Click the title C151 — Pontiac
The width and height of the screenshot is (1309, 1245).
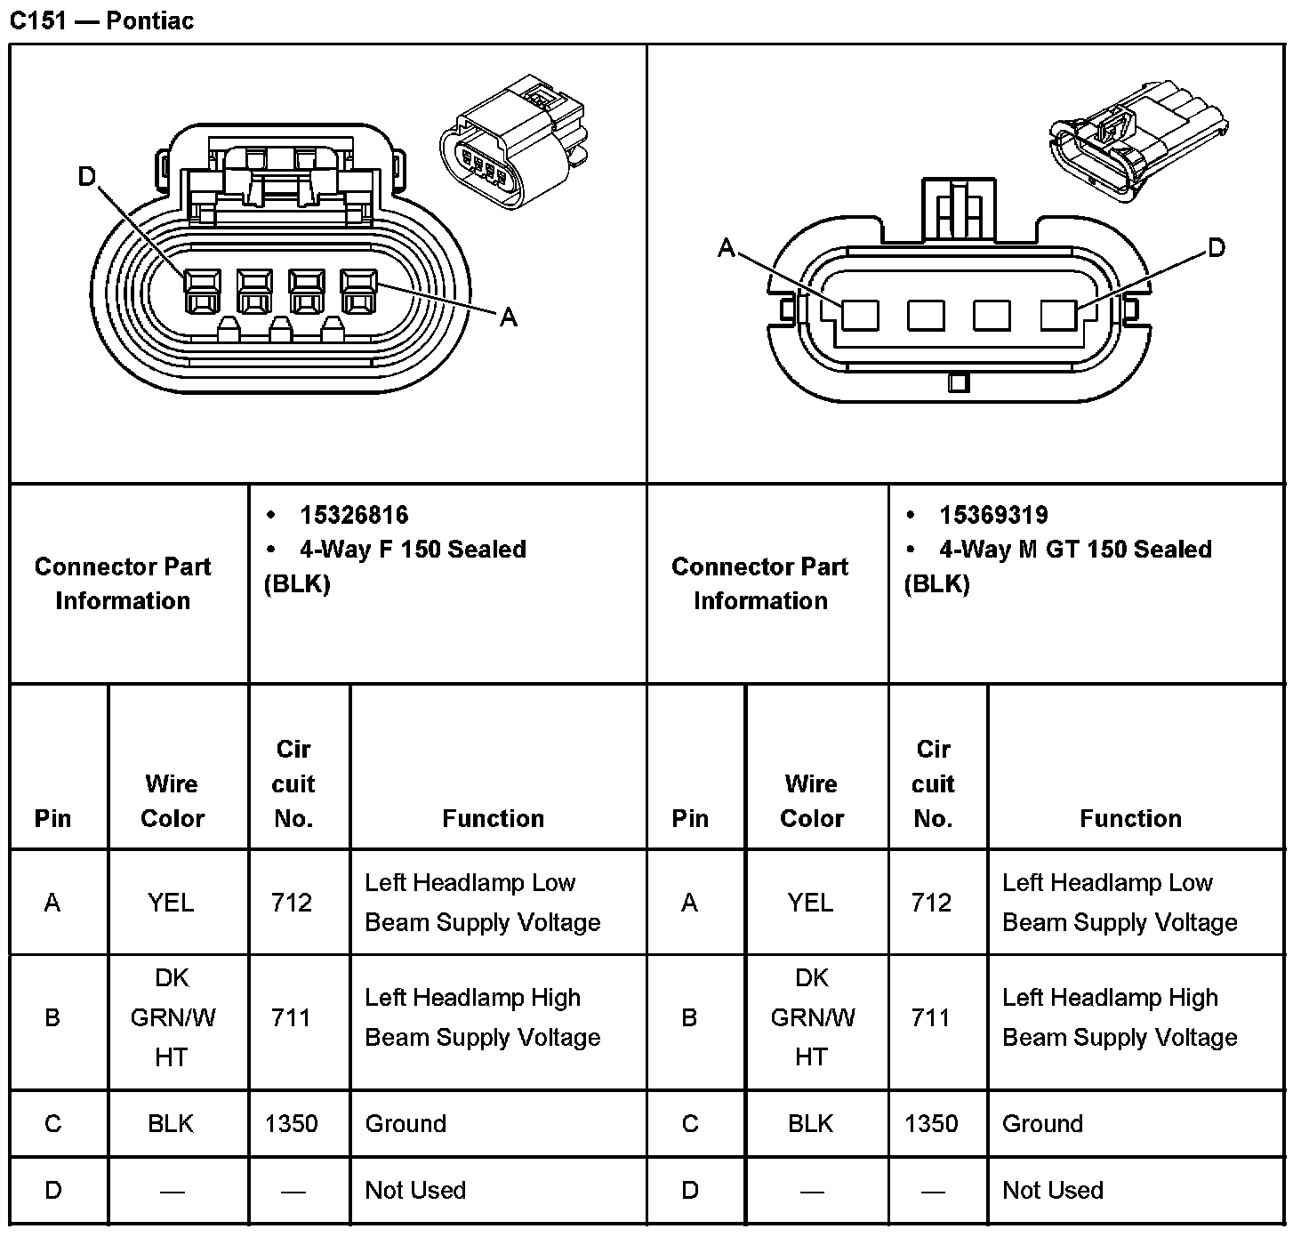pyautogui.click(x=101, y=20)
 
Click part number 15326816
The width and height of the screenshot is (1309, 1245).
pyautogui.click(x=353, y=515)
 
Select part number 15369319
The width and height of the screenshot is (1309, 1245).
pyautogui.click(x=992, y=515)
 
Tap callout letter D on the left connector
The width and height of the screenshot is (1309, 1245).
pyautogui.click(x=86, y=178)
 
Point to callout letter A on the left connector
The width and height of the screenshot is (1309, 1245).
pyautogui.click(x=509, y=317)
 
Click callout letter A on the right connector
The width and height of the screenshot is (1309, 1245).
pyautogui.click(x=727, y=248)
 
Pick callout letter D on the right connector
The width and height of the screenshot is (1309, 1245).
pyautogui.click(x=1217, y=248)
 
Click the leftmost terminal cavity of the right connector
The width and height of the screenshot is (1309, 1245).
pyautogui.click(x=860, y=315)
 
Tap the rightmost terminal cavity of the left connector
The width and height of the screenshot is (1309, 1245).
pyautogui.click(x=358, y=293)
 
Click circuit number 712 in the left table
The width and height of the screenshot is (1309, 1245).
pyautogui.click(x=292, y=903)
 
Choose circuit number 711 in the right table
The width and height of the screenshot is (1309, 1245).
pyautogui.click(x=931, y=1017)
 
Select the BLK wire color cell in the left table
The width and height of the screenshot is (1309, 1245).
pyautogui.click(x=171, y=1124)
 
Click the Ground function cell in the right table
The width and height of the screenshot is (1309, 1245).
pyautogui.click(x=1042, y=1124)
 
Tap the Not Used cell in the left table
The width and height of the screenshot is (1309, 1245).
pyautogui.click(x=415, y=1190)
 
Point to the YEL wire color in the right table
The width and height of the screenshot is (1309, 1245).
pyautogui.click(x=810, y=903)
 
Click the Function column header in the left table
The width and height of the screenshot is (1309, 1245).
pyautogui.click(x=493, y=818)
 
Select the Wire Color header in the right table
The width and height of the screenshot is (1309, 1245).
pyautogui.click(x=811, y=800)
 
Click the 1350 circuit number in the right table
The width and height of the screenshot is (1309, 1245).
pyautogui.click(x=931, y=1124)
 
